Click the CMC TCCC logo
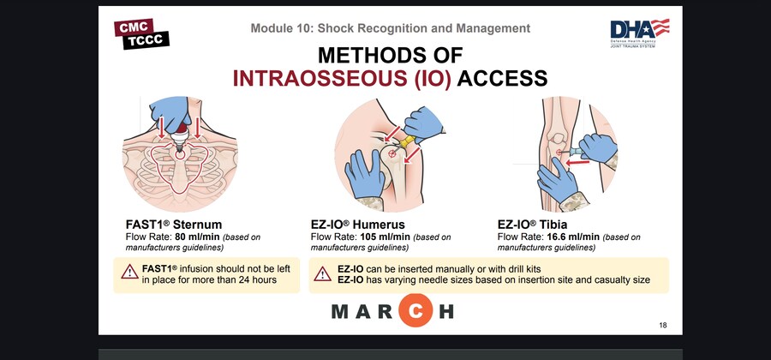141,34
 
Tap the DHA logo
640,33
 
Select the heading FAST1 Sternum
174,225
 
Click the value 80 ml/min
197,237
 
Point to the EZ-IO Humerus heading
358,225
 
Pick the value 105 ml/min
385,237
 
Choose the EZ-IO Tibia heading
532,225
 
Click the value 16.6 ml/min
573,237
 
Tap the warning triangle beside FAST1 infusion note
130,272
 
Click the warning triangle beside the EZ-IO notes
323,274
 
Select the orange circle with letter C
415,310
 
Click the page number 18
663,325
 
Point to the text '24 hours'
258,279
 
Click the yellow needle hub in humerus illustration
407,142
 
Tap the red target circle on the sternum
180,154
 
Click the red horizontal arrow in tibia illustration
577,161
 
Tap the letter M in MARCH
340,311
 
